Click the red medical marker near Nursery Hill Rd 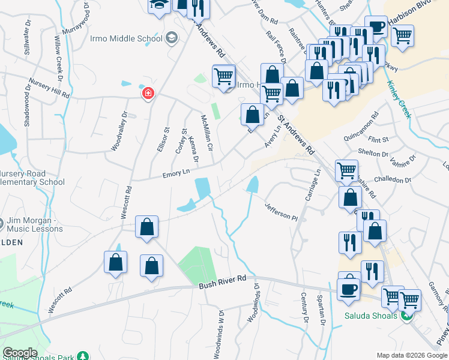148,94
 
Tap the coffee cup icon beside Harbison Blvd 376,28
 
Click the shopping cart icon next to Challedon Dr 347,171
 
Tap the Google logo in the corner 20,352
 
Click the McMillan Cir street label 206,132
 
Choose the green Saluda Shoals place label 371,316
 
